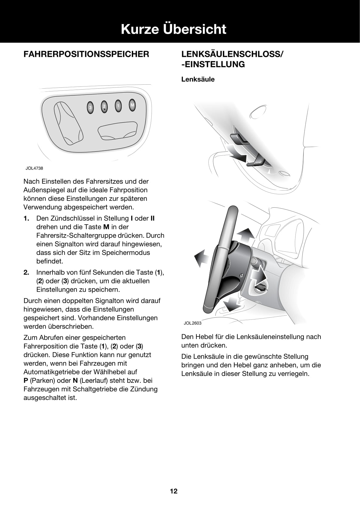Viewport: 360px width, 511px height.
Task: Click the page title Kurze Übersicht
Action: pyautogui.click(x=174, y=29)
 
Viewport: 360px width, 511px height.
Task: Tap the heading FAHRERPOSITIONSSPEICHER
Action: pyautogui.click(x=86, y=54)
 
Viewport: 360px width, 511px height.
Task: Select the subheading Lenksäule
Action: pyautogui.click(x=198, y=79)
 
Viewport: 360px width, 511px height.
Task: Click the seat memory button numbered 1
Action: pyautogui.click(x=118, y=106)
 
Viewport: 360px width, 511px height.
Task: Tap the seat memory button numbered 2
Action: pyautogui.click(x=104, y=106)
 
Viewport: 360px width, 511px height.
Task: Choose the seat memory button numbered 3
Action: pyautogui.click(x=90, y=108)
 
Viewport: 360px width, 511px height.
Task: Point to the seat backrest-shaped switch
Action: pyautogui.click(x=68, y=124)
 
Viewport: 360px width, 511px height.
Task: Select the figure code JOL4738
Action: pyautogui.click(x=34, y=168)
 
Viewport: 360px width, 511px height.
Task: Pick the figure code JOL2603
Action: pyautogui.click(x=192, y=323)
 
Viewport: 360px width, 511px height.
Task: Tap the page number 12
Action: pyautogui.click(x=174, y=491)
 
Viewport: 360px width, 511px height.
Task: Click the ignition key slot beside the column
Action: pyautogui.click(x=259, y=288)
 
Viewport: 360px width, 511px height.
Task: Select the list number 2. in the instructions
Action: pyautogui.click(x=27, y=272)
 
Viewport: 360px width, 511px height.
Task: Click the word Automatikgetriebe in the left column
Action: pyautogui.click(x=49, y=372)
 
